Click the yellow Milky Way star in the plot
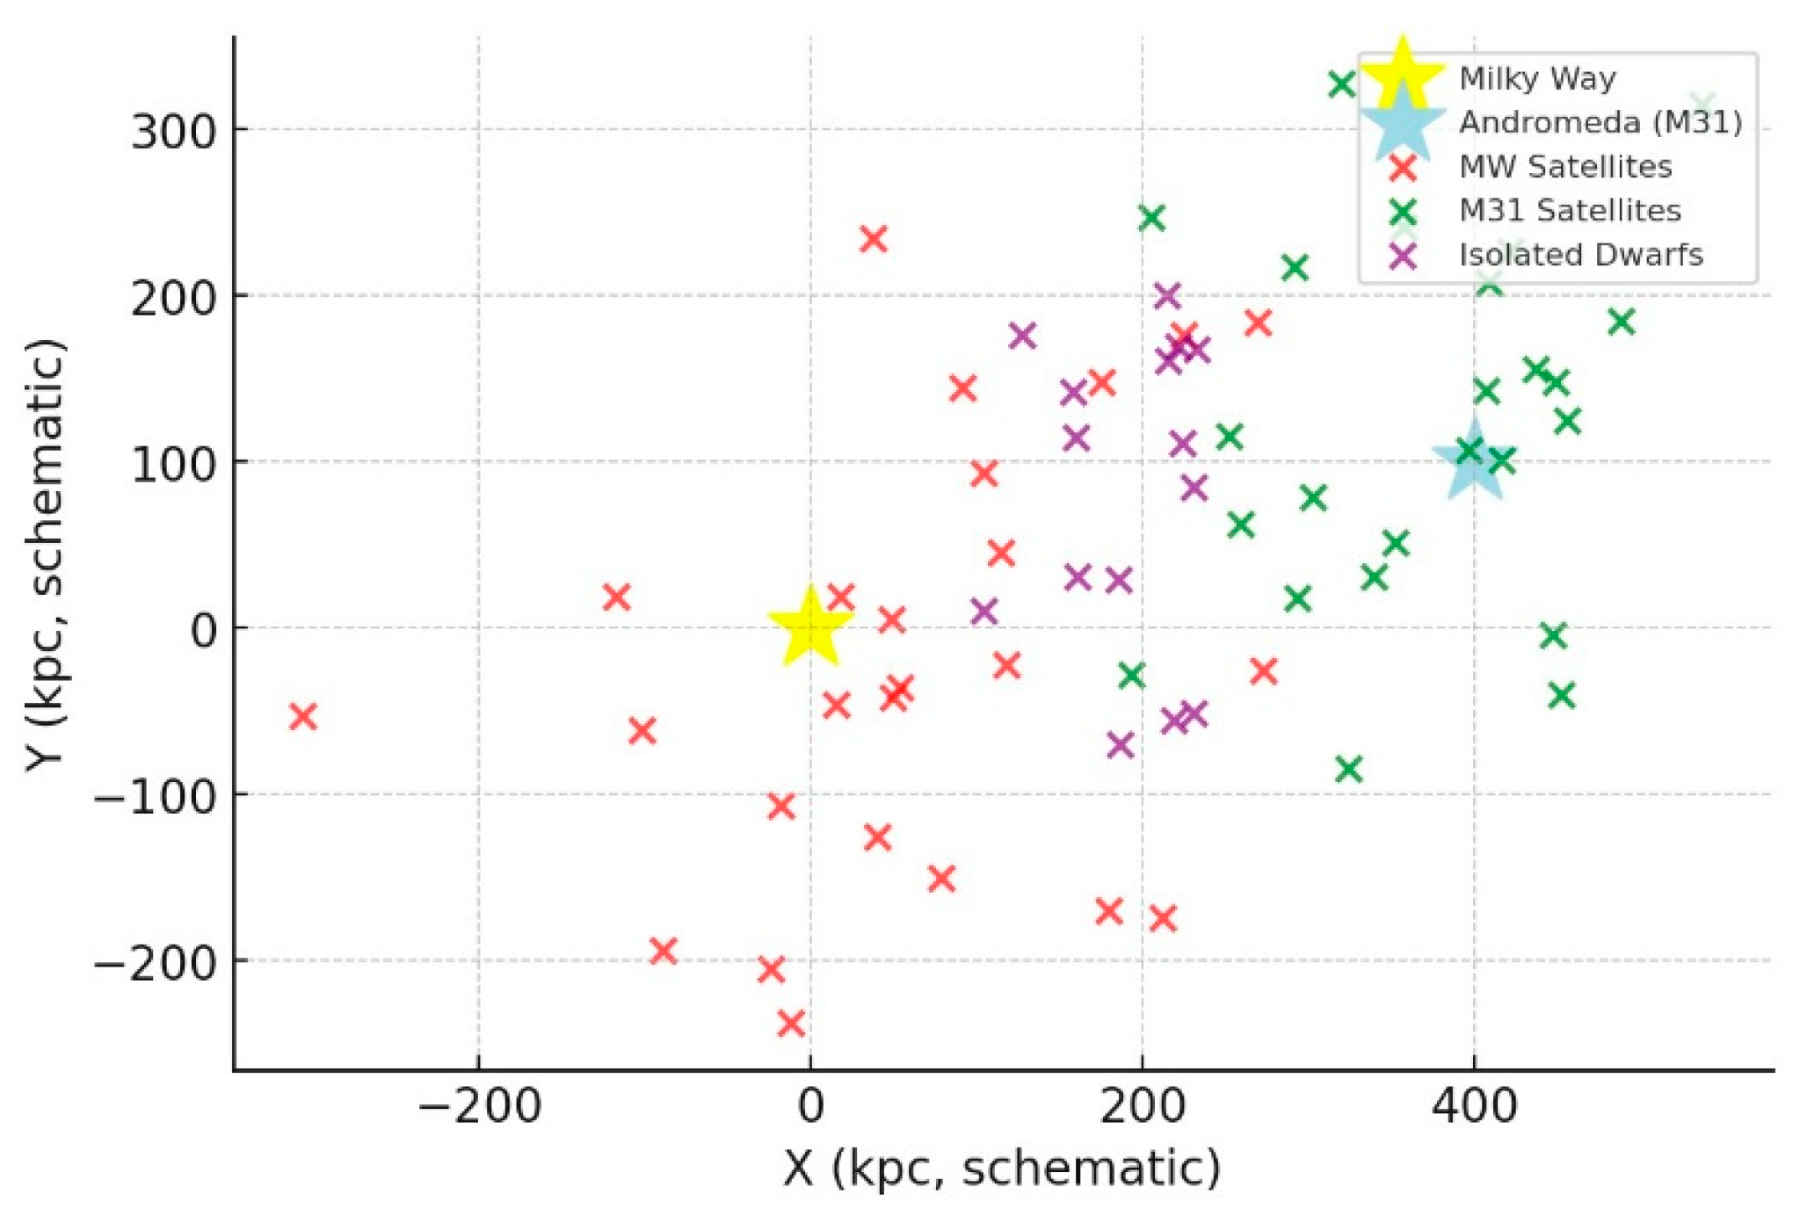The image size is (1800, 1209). [809, 627]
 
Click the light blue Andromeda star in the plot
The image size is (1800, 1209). [1473, 460]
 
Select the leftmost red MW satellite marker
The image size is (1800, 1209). [302, 716]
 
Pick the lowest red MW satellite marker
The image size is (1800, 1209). [791, 1023]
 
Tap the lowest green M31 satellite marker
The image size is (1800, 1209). [1348, 769]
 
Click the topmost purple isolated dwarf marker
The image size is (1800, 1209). [1166, 295]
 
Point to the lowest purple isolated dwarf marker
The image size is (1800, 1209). [1120, 745]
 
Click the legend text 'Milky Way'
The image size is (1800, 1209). [1537, 79]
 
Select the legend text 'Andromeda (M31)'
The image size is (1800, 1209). [1600, 122]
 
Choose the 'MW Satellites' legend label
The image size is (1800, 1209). [1565, 166]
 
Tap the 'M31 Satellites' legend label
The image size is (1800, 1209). [1570, 210]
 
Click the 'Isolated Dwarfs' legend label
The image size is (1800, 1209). [1580, 255]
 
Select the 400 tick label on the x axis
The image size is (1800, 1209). [1474, 1105]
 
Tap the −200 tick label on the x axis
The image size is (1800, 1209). [478, 1105]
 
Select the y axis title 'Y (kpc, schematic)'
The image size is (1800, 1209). [46, 554]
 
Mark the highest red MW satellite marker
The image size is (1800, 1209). [873, 238]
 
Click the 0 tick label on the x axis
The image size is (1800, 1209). [809, 1105]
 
